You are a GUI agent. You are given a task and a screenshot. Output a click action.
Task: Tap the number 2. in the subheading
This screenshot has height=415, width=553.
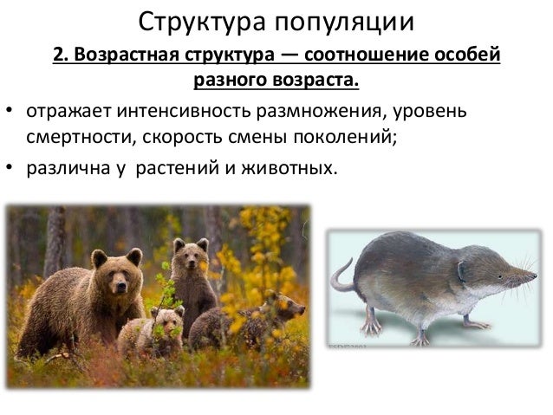point(61,56)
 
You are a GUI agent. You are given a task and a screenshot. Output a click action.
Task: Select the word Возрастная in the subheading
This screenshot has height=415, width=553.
point(121,56)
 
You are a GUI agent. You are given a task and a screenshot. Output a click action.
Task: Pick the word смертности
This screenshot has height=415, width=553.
point(75,139)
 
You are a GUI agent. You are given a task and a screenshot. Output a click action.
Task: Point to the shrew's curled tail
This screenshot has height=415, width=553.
point(342,277)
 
